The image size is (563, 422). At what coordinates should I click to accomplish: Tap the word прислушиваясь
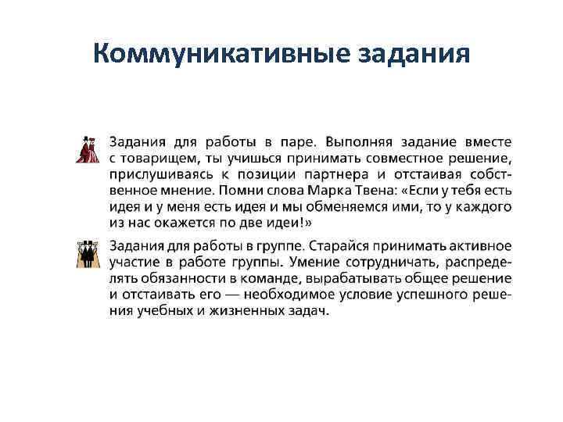coord(163,173)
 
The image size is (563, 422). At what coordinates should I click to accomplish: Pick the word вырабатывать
coord(347,278)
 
